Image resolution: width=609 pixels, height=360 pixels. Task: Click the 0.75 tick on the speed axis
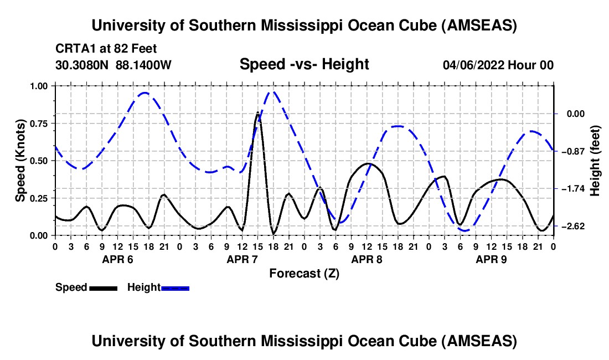tap(39, 123)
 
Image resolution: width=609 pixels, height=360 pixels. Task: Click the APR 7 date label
tap(242, 259)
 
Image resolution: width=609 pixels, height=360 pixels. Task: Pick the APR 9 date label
tap(491, 259)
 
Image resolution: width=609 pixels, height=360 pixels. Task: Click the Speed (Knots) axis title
tap(20, 161)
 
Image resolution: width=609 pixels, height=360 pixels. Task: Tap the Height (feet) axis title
tap(596, 161)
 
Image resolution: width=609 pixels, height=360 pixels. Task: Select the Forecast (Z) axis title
tap(304, 273)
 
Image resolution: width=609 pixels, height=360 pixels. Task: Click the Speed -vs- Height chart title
tap(304, 65)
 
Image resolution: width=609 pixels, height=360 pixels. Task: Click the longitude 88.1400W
tap(144, 65)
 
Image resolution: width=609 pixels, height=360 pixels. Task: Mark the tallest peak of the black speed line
tap(258, 113)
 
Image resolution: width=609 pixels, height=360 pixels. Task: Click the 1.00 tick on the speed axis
tap(39, 86)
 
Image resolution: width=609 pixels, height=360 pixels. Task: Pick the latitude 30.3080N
tap(83, 65)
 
